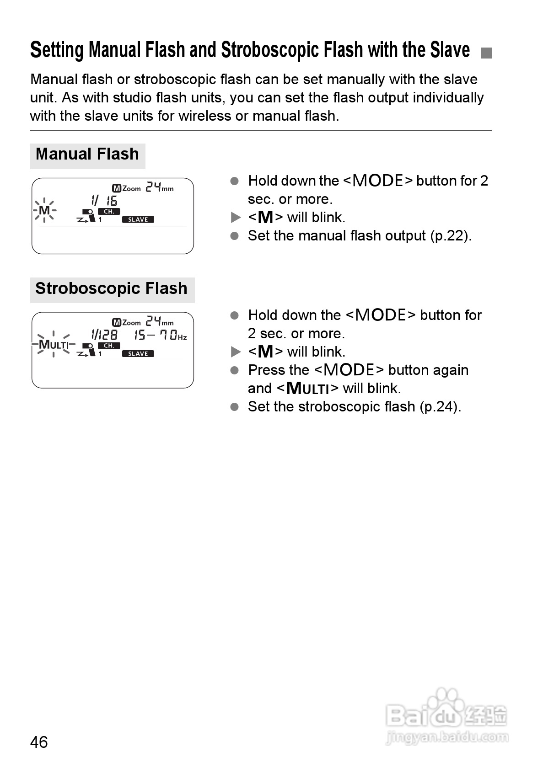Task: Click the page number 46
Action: [x=39, y=741]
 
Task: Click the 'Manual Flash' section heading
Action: [x=87, y=154]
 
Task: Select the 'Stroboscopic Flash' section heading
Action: [x=111, y=288]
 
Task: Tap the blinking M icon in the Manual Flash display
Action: [x=44, y=211]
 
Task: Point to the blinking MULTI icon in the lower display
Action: [x=54, y=345]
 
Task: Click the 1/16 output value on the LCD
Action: [x=104, y=200]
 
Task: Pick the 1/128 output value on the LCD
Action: [x=104, y=335]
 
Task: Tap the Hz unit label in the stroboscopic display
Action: [x=182, y=337]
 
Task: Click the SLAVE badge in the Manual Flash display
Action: [x=138, y=219]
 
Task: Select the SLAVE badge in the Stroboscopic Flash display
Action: [x=138, y=354]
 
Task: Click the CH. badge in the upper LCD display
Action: [x=109, y=212]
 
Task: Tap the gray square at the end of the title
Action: [x=487, y=53]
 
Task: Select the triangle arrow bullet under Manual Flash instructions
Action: [x=236, y=218]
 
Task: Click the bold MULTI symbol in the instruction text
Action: [x=307, y=389]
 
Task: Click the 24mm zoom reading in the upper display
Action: [x=159, y=187]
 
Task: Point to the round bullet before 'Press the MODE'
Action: [x=235, y=370]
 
